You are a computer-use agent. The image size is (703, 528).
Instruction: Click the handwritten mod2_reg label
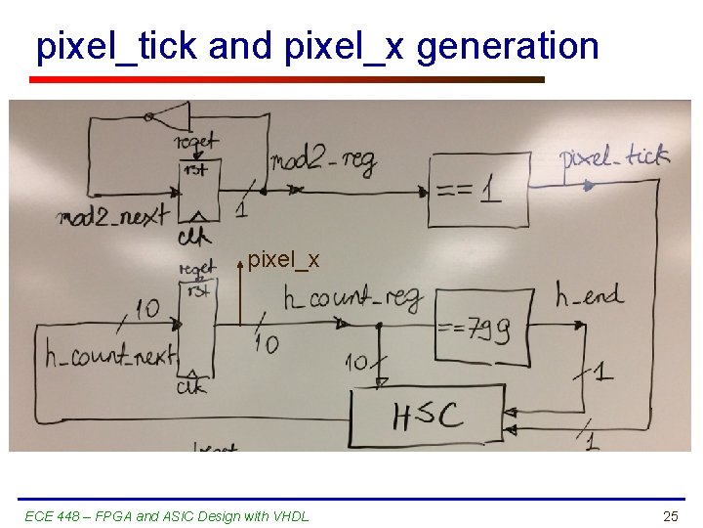pyautogui.click(x=322, y=161)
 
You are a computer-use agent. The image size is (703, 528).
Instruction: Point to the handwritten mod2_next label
pyautogui.click(x=113, y=215)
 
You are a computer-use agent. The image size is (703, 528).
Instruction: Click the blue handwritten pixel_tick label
pyautogui.click(x=614, y=156)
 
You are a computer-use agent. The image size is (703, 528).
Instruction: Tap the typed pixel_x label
pyautogui.click(x=283, y=260)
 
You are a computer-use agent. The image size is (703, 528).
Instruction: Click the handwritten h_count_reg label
pyautogui.click(x=351, y=297)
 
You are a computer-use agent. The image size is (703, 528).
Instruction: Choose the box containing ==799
pyautogui.click(x=481, y=327)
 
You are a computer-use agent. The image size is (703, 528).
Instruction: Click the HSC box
pyautogui.click(x=428, y=418)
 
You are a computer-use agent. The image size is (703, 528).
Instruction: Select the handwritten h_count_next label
pyautogui.click(x=110, y=355)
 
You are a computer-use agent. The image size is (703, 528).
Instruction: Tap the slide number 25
pyautogui.click(x=670, y=515)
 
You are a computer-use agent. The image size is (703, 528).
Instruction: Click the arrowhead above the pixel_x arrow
pyautogui.click(x=240, y=264)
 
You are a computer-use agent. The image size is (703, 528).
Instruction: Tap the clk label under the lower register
pyautogui.click(x=192, y=388)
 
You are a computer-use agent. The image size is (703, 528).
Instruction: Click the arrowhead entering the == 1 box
pyautogui.click(x=423, y=192)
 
